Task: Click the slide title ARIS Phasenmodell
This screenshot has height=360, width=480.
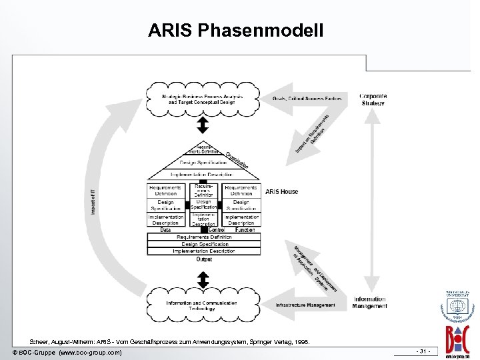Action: coord(236,31)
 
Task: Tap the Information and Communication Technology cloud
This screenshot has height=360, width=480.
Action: coord(202,306)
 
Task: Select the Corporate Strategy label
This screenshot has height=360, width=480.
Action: coord(373,99)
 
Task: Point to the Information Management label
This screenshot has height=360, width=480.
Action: coord(370,303)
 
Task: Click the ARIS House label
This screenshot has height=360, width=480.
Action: coord(282,191)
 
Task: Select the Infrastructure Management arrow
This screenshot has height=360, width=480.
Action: coord(307,305)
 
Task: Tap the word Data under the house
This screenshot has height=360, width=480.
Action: coord(165,230)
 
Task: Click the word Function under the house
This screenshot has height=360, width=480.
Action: coord(245,230)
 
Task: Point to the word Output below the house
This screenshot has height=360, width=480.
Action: coord(204,259)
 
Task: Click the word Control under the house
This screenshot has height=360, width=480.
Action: coord(216,230)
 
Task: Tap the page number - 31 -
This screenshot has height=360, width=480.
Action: coord(422,351)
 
